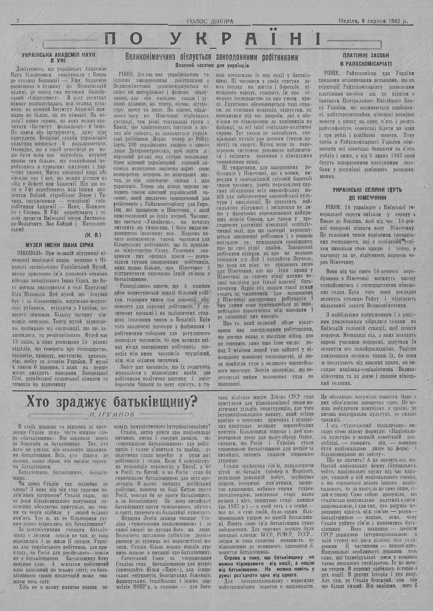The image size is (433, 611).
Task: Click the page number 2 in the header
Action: pos(18,21)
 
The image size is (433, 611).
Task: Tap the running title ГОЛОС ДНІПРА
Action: pos(210,21)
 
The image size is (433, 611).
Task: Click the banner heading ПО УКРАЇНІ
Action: pos(212,39)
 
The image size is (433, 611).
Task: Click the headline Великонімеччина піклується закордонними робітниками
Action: pos(212,56)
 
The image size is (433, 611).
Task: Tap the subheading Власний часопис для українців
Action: pos(212,65)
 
